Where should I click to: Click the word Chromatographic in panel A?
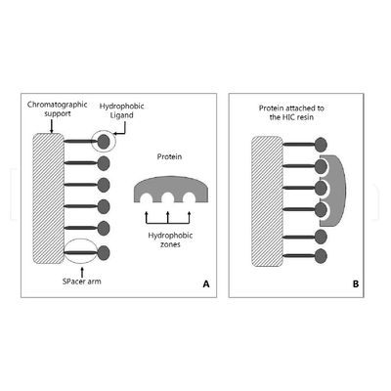pyautogui.click(x=58, y=105)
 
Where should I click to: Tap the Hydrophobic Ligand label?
pyautogui.click(x=121, y=110)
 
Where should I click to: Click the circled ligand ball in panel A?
pyautogui.click(x=104, y=142)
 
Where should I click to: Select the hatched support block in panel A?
pyautogui.click(x=48, y=198)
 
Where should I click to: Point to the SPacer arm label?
pyautogui.click(x=82, y=282)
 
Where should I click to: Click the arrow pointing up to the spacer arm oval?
pyautogui.click(x=82, y=271)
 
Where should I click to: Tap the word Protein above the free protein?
pyautogui.click(x=169, y=156)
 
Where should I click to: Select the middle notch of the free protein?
pyautogui.click(x=168, y=198)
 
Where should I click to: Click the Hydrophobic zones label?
pyautogui.click(x=170, y=239)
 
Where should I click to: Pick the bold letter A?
pyautogui.click(x=206, y=284)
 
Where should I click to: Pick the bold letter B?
pyautogui.click(x=356, y=284)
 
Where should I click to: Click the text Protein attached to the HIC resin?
pyautogui.click(x=291, y=112)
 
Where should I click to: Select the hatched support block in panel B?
pyautogui.click(x=267, y=201)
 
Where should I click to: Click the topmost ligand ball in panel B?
pyautogui.click(x=321, y=145)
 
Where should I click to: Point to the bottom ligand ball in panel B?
pyautogui.click(x=321, y=256)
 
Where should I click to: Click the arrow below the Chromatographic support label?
pyautogui.click(x=51, y=126)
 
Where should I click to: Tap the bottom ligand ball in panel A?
pyautogui.click(x=104, y=253)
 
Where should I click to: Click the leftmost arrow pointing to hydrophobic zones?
pyautogui.click(x=147, y=217)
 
